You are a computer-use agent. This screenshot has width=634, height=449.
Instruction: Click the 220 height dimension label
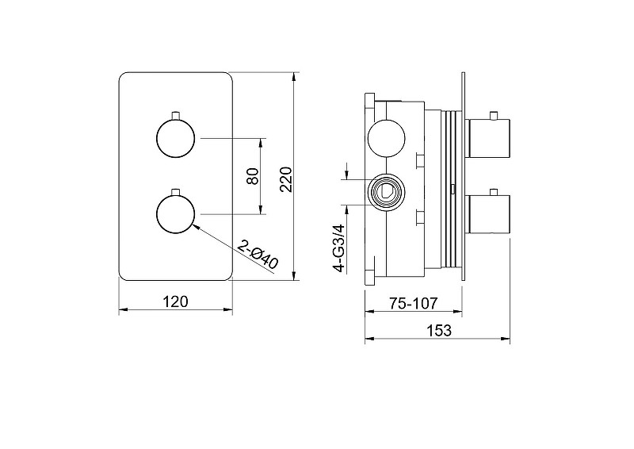point(286,179)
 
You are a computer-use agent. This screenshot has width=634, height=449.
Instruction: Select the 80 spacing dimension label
point(252,176)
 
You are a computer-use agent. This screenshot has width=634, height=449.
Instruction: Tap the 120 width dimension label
point(175,301)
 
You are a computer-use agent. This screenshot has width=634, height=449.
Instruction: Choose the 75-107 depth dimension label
point(413,303)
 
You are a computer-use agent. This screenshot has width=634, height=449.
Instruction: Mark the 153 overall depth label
point(439,330)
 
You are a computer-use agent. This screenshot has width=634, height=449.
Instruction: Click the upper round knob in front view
point(175,139)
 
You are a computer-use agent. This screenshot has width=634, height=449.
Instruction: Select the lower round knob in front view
point(175,214)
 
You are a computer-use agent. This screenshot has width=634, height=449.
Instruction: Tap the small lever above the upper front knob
point(175,115)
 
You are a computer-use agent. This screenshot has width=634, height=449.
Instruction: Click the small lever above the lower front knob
point(175,191)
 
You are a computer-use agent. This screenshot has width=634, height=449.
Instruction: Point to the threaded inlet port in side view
point(385,192)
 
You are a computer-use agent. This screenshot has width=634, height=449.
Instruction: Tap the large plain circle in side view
point(386,138)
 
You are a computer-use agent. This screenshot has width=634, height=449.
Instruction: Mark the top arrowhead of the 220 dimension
point(295,76)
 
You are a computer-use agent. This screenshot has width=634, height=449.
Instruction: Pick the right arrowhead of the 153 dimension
point(506,339)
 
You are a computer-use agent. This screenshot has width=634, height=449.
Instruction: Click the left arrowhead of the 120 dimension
point(124,310)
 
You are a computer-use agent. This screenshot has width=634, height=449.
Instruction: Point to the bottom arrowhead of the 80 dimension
point(262,209)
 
